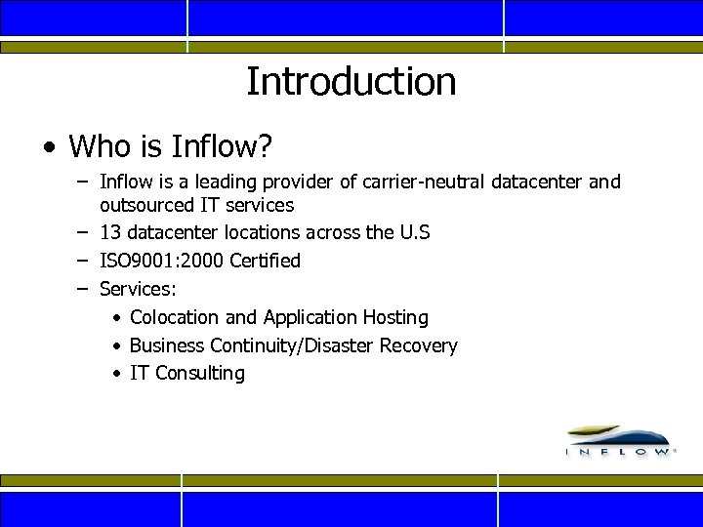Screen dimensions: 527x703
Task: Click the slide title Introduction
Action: coord(351,81)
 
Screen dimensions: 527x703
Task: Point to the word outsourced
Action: coord(147,205)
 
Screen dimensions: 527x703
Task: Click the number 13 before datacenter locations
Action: coord(110,233)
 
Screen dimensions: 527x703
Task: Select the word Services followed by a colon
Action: coord(137,289)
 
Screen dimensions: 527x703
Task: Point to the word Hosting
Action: coord(395,317)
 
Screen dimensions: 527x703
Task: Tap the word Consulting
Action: coord(200,373)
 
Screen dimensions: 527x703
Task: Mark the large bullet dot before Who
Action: coord(49,148)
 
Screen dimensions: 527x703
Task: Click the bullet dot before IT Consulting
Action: coord(116,374)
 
